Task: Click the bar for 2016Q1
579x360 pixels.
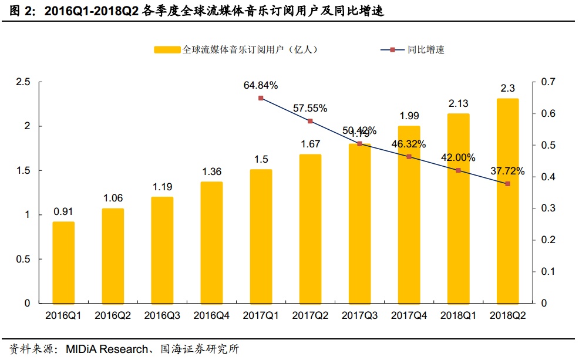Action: [x=63, y=263]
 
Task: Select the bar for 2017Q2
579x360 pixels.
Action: [x=310, y=229]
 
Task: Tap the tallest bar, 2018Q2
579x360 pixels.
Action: [x=508, y=201]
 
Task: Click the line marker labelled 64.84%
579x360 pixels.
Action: [x=261, y=98]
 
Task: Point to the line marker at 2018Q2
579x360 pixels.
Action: [x=508, y=184]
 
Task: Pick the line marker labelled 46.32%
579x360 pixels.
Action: [x=409, y=157]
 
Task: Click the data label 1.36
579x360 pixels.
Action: [x=211, y=171]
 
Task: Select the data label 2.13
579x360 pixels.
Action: [x=458, y=103]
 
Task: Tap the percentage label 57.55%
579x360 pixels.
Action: [x=310, y=108]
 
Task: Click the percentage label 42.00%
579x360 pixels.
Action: [x=458, y=157]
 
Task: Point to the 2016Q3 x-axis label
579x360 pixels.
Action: [x=162, y=316]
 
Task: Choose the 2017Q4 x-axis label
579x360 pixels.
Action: [x=409, y=316]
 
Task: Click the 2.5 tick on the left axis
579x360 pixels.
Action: [x=23, y=82]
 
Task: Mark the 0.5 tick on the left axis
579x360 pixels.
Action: [x=23, y=259]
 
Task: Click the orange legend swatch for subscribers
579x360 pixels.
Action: [x=167, y=50]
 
